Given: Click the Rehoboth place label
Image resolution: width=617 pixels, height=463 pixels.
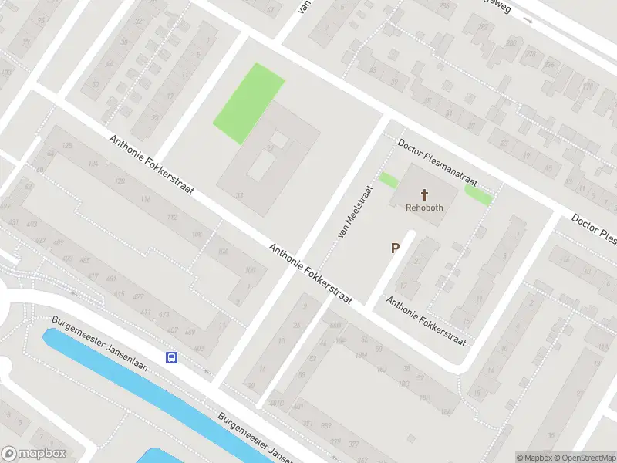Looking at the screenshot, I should [x=423, y=208].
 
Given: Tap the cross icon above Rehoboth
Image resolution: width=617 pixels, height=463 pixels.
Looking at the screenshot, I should [x=423, y=194].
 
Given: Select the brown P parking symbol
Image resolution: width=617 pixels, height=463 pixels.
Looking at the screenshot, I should [x=396, y=248].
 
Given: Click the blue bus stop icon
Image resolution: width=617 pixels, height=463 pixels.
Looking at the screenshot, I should [x=170, y=357].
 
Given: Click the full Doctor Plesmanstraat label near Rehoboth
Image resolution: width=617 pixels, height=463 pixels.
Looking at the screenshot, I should [x=437, y=159].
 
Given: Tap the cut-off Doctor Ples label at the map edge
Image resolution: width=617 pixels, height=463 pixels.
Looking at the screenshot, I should [x=594, y=227].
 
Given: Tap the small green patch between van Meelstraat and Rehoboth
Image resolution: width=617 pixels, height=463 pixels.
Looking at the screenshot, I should [x=389, y=181].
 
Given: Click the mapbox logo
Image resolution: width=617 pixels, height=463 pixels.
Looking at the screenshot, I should [x=33, y=454].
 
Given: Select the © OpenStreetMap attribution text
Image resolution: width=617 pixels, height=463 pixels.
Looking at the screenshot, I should [x=584, y=458].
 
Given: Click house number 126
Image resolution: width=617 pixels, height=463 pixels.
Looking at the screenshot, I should [x=67, y=146].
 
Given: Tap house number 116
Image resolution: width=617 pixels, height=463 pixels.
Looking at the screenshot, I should [x=146, y=199].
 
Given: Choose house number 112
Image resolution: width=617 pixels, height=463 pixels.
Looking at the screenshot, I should [x=171, y=217].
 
